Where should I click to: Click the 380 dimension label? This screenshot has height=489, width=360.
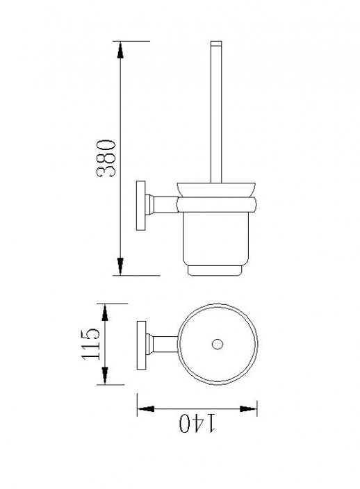[106, 159]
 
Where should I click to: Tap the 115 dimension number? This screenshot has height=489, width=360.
[91, 344]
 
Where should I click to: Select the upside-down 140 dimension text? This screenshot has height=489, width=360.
[197, 423]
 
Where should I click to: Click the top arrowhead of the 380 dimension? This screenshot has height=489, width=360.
[120, 50]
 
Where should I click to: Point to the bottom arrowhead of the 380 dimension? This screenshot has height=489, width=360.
[120, 267]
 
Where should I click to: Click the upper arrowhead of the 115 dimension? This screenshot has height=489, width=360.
[105, 313]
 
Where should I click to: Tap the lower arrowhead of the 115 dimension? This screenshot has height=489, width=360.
[105, 376]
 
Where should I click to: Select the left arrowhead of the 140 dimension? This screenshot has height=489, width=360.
[146, 409]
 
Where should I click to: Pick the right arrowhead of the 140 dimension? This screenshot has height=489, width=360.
[248, 409]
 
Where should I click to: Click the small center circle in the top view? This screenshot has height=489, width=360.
[218, 344]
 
